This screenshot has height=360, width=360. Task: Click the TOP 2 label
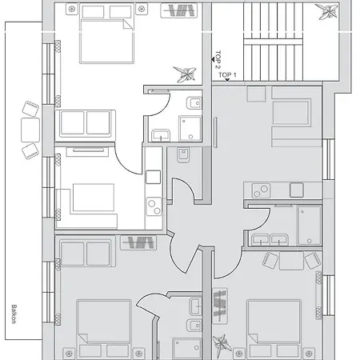(218, 61)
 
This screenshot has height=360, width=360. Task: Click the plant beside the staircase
(326, 10)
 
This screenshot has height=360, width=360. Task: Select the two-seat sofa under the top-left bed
(85, 122)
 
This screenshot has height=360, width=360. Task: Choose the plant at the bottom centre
(220, 343)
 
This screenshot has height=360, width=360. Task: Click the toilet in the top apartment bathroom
(192, 103)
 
